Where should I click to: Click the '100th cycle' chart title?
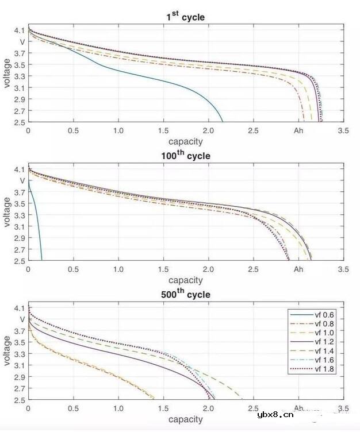point(185,155)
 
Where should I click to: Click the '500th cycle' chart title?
point(185,294)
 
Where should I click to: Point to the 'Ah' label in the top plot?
point(298,131)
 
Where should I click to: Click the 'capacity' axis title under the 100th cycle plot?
point(185,280)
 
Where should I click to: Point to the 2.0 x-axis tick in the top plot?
point(208,131)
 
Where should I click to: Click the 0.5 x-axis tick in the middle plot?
point(73,269)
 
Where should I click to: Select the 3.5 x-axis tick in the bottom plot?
point(343,408)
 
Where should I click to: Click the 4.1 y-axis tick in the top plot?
point(19,30)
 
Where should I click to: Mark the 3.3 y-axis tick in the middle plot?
point(19,215)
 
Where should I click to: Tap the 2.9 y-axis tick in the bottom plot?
point(19,377)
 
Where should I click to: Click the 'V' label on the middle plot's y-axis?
point(22,180)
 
